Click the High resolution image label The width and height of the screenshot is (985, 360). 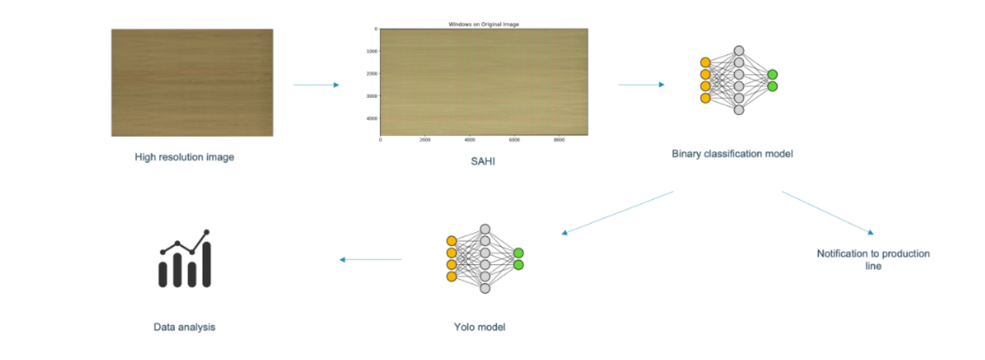point(184,157)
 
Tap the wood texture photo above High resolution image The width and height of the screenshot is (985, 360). point(192,83)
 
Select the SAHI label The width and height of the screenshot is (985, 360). point(483,161)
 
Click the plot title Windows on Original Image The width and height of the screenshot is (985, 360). point(483,24)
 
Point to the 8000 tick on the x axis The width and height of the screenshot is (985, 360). point(559,139)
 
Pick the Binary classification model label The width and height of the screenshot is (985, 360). point(732,154)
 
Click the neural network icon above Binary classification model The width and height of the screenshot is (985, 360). point(739,80)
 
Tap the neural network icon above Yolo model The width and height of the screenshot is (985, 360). point(485,259)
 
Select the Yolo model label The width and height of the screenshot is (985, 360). point(479,326)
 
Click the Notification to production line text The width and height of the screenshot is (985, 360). point(873,259)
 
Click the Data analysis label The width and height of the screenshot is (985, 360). point(184,326)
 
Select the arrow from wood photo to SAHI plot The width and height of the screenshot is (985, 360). point(316,85)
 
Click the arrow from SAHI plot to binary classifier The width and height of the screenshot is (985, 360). point(641,85)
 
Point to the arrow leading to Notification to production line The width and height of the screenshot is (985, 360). point(827,212)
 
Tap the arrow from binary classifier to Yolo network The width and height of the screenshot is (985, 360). point(617,212)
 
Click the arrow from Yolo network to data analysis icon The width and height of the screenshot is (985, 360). point(370,259)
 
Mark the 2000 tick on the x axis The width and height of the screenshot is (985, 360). point(425,139)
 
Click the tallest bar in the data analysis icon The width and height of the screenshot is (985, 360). point(207,264)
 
